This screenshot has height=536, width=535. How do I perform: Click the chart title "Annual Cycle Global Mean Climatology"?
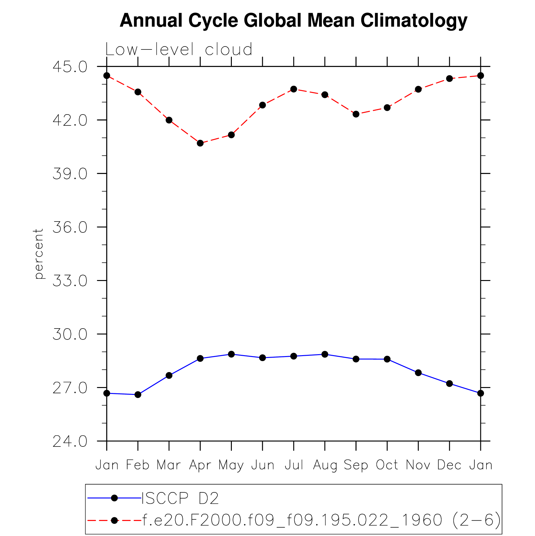tap(293, 21)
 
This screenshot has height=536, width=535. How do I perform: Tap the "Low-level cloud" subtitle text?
tap(179, 49)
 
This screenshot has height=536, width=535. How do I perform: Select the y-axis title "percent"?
tap(38, 253)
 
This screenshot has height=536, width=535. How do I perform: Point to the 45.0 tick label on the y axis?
tap(70, 67)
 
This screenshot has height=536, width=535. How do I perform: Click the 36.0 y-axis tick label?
tap(70, 227)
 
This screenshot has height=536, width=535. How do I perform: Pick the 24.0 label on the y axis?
tap(70, 442)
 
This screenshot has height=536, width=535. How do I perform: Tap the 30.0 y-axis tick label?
tap(70, 334)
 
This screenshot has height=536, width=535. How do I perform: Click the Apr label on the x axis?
tap(200, 465)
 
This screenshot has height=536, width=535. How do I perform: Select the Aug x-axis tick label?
tap(325, 465)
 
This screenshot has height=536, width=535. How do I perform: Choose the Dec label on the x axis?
tap(449, 465)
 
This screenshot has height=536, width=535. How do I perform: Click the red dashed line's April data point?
tap(200, 143)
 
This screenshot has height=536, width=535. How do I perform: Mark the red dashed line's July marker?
tap(293, 89)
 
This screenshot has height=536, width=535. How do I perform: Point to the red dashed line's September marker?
tap(356, 114)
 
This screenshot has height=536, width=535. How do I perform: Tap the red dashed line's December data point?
tap(449, 79)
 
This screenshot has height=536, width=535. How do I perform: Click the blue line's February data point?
tap(138, 395)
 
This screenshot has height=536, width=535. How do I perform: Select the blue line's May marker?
tap(231, 354)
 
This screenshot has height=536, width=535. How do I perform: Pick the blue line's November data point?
tap(418, 373)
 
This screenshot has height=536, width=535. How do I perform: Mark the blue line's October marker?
tap(387, 359)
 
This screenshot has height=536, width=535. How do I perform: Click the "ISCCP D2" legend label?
tap(180, 498)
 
